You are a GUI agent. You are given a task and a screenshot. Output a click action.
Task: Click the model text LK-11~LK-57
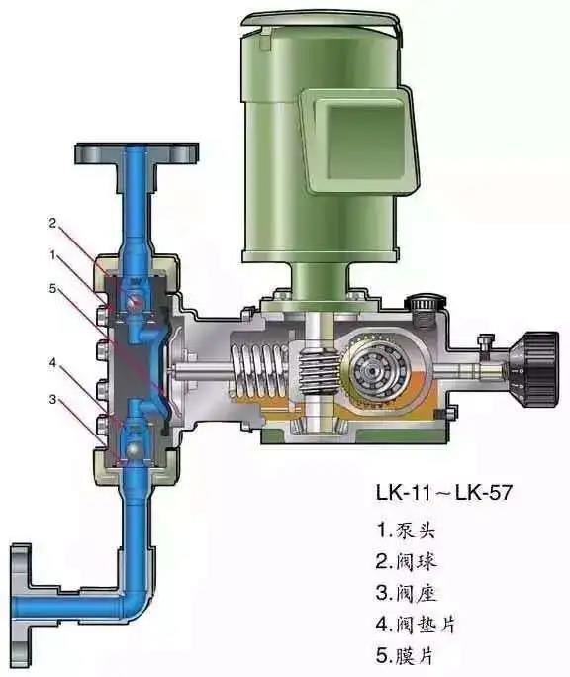point(444,492)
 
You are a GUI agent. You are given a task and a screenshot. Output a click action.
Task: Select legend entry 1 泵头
point(406,531)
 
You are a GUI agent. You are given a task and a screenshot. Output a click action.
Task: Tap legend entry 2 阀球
point(407,561)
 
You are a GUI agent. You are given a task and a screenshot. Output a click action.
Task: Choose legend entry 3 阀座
point(407,592)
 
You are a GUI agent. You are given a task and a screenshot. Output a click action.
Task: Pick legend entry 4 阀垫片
point(416,624)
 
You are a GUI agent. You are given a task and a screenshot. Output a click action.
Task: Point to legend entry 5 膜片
point(405,655)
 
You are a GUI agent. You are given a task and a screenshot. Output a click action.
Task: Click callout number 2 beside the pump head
point(52,223)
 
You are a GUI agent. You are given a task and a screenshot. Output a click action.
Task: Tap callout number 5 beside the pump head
point(52,288)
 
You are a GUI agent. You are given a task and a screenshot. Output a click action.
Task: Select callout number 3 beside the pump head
point(52,400)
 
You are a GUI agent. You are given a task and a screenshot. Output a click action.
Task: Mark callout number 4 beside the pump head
point(52,363)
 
